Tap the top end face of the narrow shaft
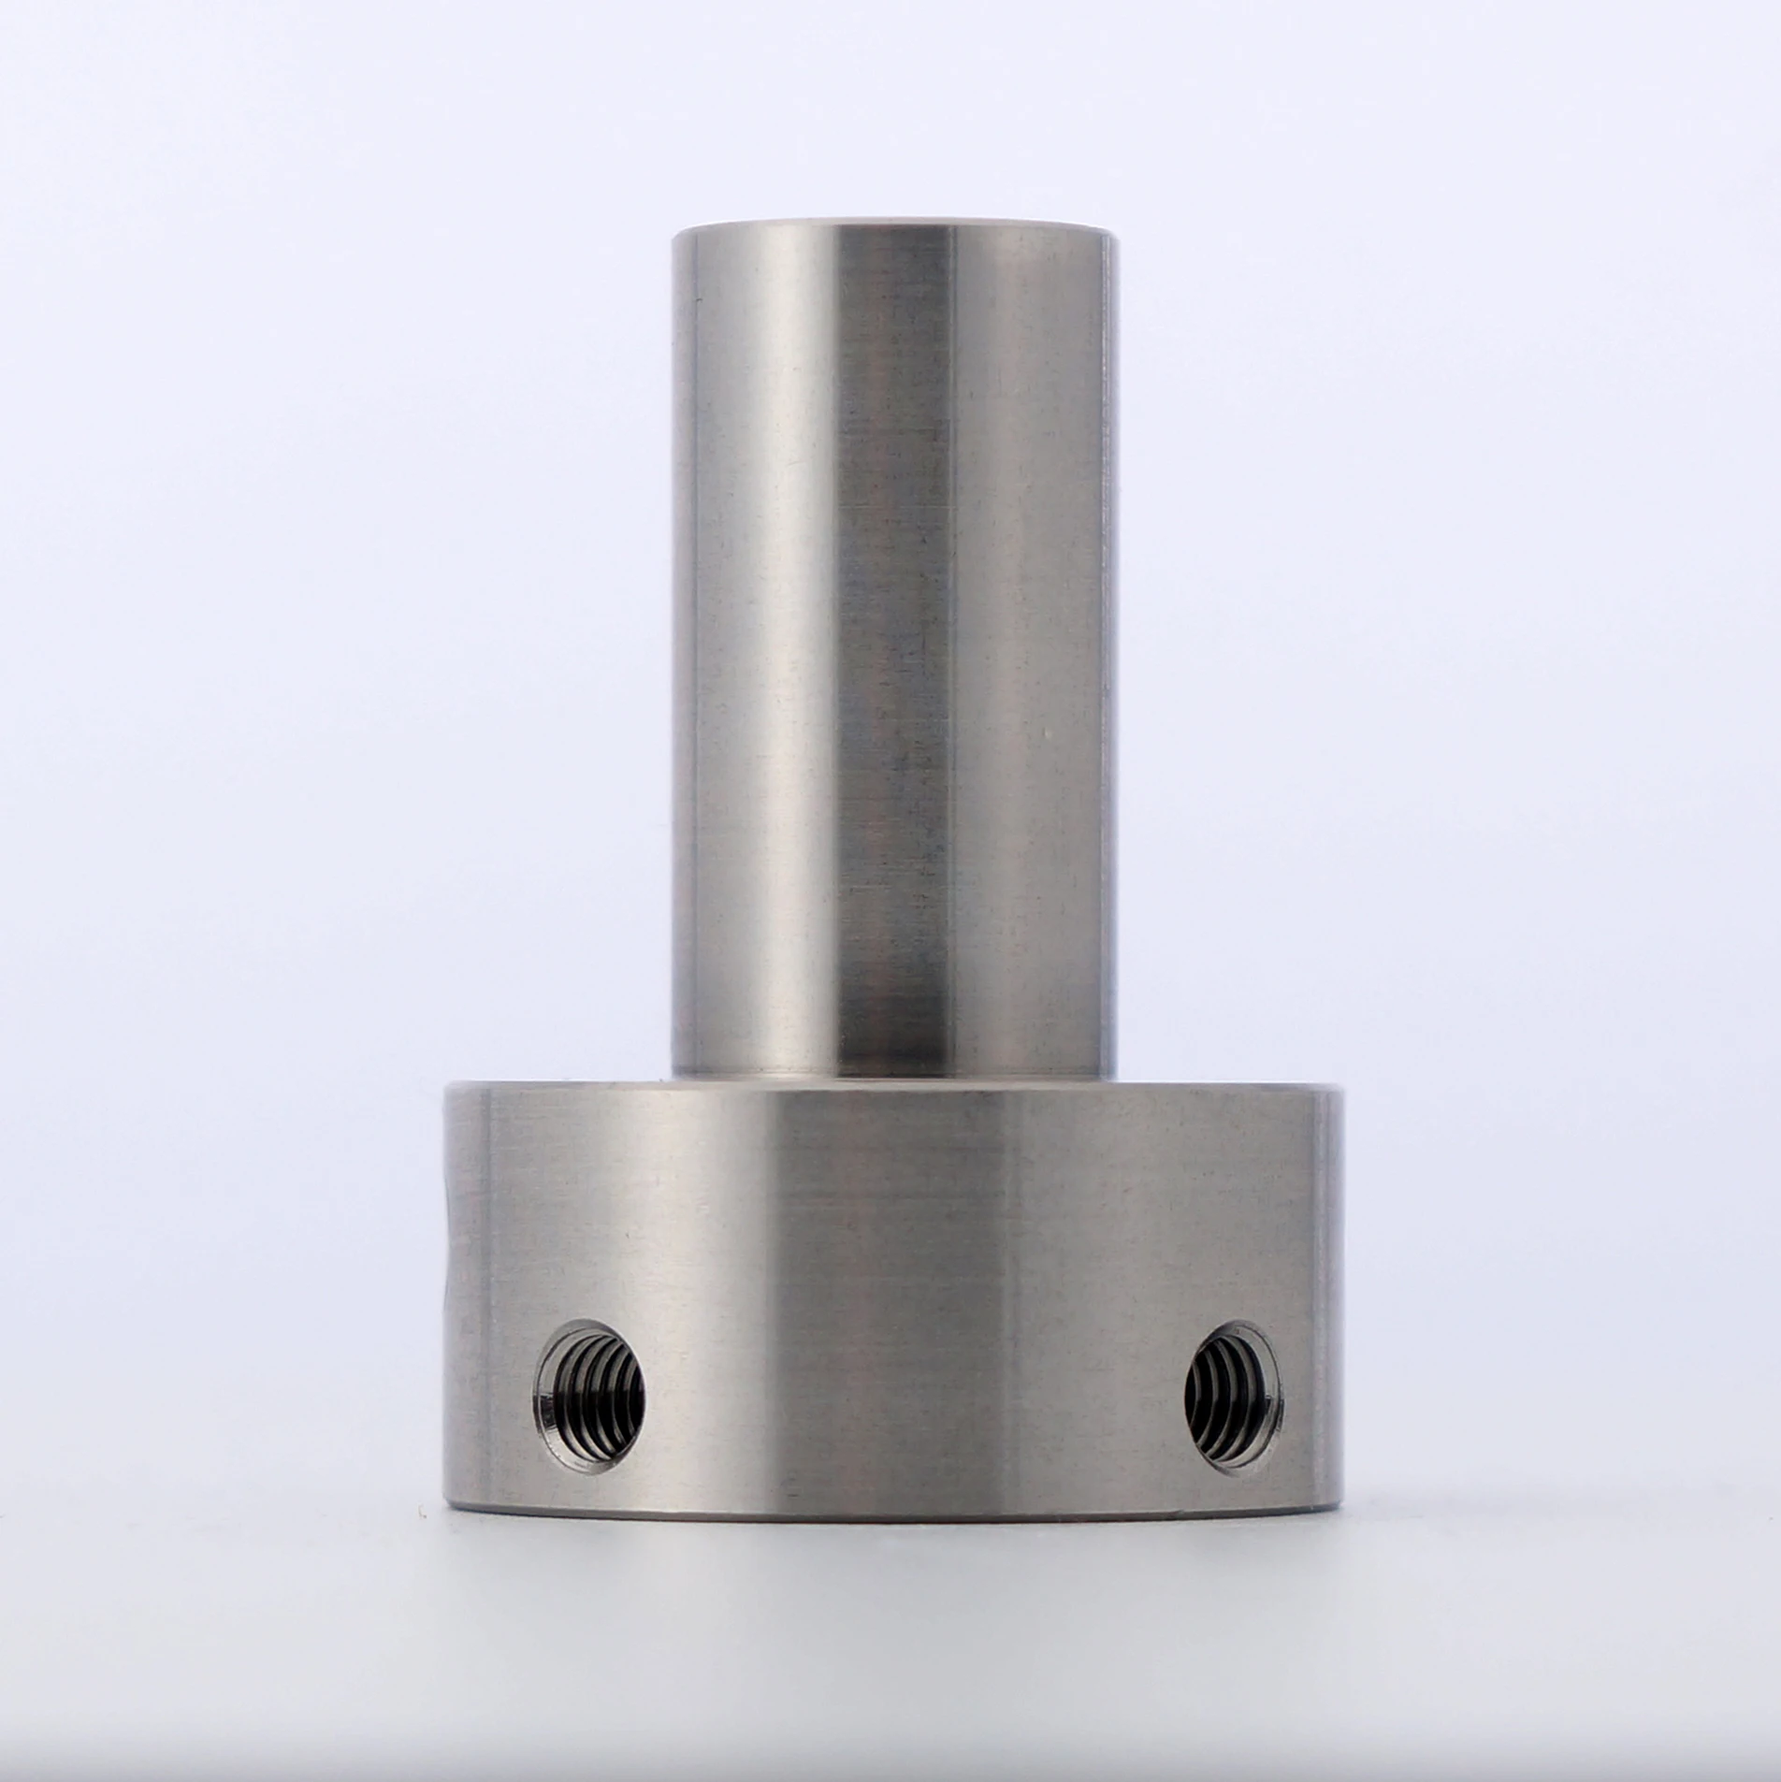pos(893,225)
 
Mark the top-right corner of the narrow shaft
pos(1115,236)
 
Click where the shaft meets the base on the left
pos(675,1076)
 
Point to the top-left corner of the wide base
pos(447,1087)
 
